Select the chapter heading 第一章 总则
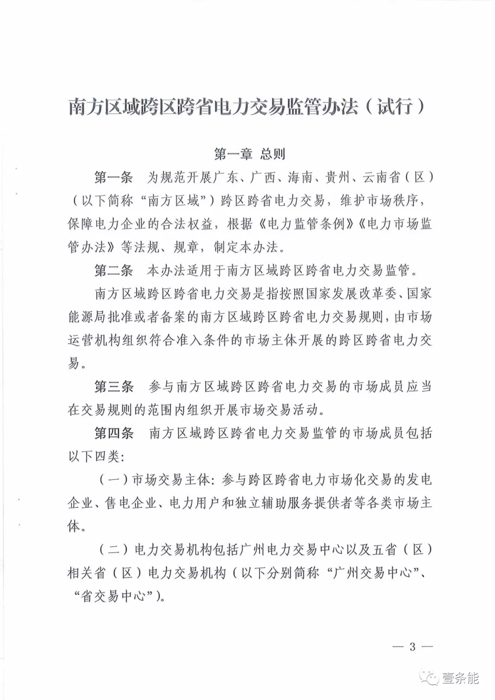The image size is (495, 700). pos(250,154)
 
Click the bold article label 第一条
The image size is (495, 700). pos(114,177)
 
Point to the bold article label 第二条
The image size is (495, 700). pos(114,270)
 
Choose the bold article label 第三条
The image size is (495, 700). pos(114,386)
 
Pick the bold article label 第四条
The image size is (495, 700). pos(114,433)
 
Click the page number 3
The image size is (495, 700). pos(412,647)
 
